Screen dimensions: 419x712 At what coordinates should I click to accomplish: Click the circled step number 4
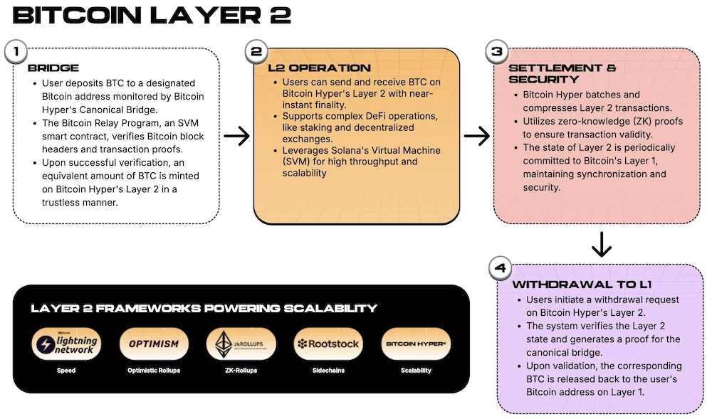tap(500, 270)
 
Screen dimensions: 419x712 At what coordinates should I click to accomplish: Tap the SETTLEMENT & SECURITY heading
tap(562, 73)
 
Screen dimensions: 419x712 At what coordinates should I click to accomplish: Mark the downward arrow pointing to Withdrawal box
tap(602, 244)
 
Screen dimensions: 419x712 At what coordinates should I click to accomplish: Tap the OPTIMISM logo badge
tap(154, 344)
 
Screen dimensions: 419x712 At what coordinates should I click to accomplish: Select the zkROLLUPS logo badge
tap(241, 344)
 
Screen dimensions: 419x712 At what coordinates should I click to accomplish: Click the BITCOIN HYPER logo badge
tap(416, 344)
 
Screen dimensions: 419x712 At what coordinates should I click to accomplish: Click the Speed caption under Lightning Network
tap(66, 371)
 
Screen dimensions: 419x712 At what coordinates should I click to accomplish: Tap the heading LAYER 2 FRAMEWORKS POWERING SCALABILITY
tap(204, 308)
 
